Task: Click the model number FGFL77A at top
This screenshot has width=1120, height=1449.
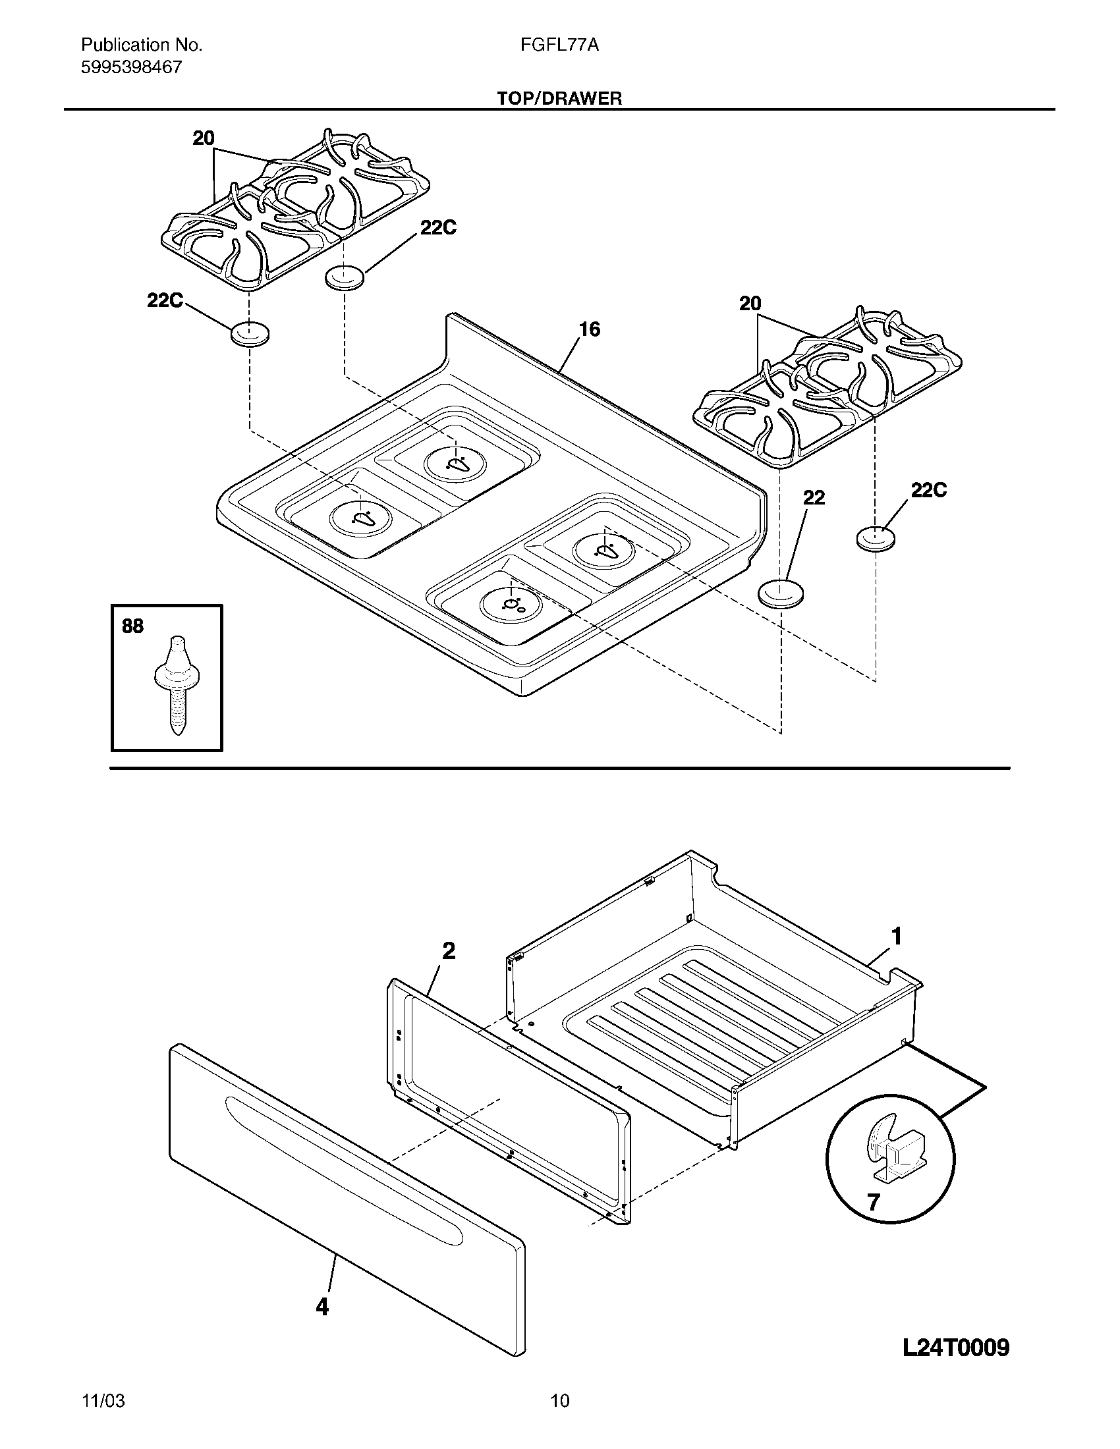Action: pyautogui.click(x=559, y=45)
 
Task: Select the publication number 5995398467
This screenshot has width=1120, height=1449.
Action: pyautogui.click(x=130, y=67)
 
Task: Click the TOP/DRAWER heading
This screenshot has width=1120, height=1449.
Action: pyautogui.click(x=559, y=99)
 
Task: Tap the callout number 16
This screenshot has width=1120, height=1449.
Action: pyautogui.click(x=589, y=329)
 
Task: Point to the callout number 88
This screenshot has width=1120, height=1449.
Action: pyautogui.click(x=132, y=626)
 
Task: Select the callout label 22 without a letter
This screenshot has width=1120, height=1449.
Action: pyautogui.click(x=814, y=497)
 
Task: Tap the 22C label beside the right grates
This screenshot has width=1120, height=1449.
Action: pyautogui.click(x=928, y=490)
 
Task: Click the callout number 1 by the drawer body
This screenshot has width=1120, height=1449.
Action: pyautogui.click(x=897, y=937)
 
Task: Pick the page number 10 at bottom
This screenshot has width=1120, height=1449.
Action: pyautogui.click(x=559, y=1414)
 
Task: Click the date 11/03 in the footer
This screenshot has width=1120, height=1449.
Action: pyautogui.click(x=103, y=1414)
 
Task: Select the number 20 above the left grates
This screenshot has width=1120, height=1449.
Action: pyautogui.click(x=204, y=138)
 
